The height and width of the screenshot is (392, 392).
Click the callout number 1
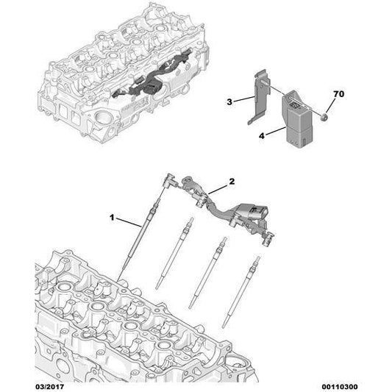pyautogui.click(x=113, y=218)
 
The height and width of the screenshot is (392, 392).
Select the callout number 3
pyautogui.click(x=229, y=102)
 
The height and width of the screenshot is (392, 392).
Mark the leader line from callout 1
pyautogui.click(x=129, y=223)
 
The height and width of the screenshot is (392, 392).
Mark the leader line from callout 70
pyautogui.click(x=329, y=104)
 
